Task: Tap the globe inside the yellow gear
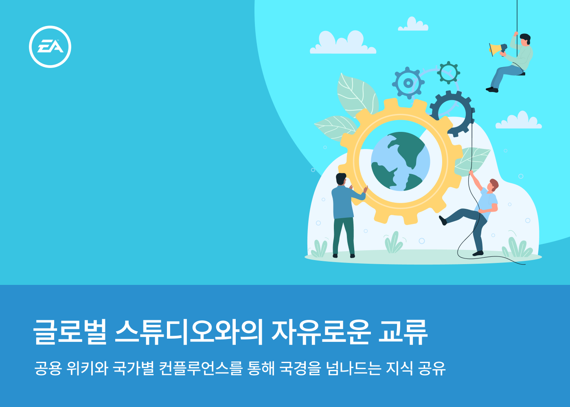[x=401, y=161]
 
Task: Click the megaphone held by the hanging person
[x=498, y=49]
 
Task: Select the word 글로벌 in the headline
[x=70, y=332]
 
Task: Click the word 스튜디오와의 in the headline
[x=189, y=332]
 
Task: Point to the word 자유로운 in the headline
[x=320, y=332]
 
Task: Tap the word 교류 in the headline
[x=403, y=332]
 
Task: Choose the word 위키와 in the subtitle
[x=87, y=368]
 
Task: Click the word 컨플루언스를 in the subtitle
[x=200, y=368]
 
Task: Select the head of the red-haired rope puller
[x=493, y=185]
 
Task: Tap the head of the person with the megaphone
[x=525, y=40]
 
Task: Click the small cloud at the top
[x=413, y=24]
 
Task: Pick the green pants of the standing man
[x=344, y=236]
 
